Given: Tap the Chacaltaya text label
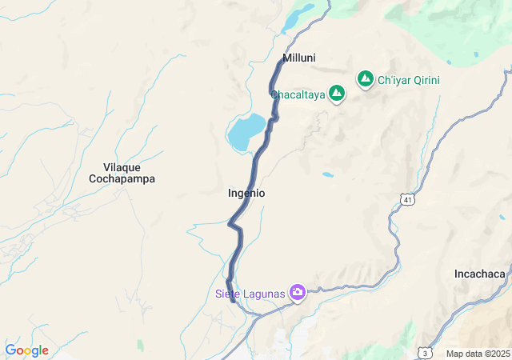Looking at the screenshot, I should click(297, 94).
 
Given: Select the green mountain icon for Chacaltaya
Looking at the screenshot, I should click(338, 94).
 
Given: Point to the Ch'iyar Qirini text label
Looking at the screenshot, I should click(408, 80).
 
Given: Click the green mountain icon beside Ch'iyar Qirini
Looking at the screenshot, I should click(366, 79).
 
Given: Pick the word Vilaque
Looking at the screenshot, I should click(122, 167).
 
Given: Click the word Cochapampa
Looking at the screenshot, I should click(122, 179).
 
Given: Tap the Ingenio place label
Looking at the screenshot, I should click(246, 194).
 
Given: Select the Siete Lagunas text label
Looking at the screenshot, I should click(250, 294).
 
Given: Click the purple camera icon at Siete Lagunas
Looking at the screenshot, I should click(298, 293).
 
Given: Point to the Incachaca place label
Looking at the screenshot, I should click(480, 274).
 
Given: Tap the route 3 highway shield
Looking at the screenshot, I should click(426, 352).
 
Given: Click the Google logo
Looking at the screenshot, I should click(26, 350).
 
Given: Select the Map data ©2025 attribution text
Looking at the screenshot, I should click(477, 354).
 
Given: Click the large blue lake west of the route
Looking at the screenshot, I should click(246, 132).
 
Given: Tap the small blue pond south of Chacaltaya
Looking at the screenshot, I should click(328, 174).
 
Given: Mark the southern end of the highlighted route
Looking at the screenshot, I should click(233, 300).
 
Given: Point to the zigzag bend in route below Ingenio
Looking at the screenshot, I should click(234, 226).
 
